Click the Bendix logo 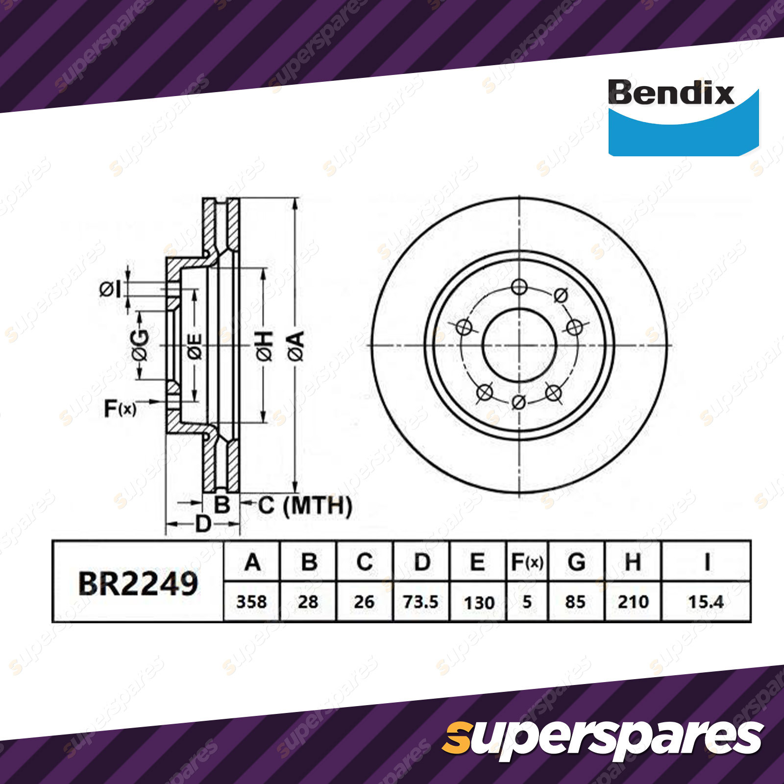pyautogui.click(x=683, y=117)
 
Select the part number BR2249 pyautogui.click(x=138, y=584)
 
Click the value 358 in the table pyautogui.click(x=251, y=602)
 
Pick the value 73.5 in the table pyautogui.click(x=420, y=602)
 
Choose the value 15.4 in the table pyautogui.click(x=706, y=602)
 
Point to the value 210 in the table pyautogui.click(x=633, y=602)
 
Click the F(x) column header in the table pyautogui.click(x=527, y=562)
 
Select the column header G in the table pyautogui.click(x=576, y=562)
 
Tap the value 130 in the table pyautogui.click(x=479, y=603)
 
